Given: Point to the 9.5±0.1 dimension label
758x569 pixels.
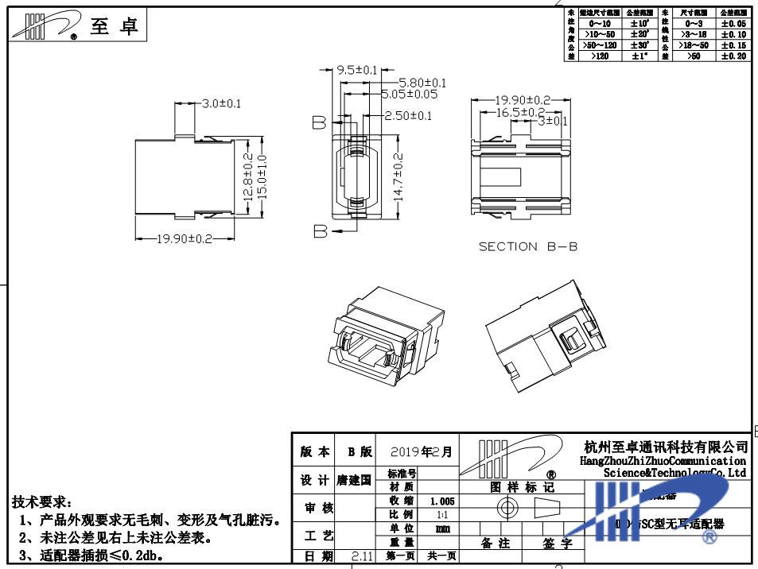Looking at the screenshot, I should point(357,70).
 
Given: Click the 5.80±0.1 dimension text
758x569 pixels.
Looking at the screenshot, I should point(422,83).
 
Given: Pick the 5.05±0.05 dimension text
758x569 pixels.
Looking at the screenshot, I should point(410,94).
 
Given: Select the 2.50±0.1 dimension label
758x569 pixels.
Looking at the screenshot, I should point(408,116).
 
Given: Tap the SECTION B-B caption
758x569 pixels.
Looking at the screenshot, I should point(527,246).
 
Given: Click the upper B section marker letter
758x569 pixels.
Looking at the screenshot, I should point(319,122).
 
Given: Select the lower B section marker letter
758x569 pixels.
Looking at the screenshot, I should point(320,231).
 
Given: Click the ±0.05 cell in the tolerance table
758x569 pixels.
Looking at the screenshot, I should point(733,24).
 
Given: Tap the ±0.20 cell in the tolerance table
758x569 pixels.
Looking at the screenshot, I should point(733,56).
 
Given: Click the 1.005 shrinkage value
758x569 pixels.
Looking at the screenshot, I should point(442,501).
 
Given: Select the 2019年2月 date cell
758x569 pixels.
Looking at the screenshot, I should point(422,452).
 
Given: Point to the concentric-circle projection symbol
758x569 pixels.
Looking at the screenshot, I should point(507,508).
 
